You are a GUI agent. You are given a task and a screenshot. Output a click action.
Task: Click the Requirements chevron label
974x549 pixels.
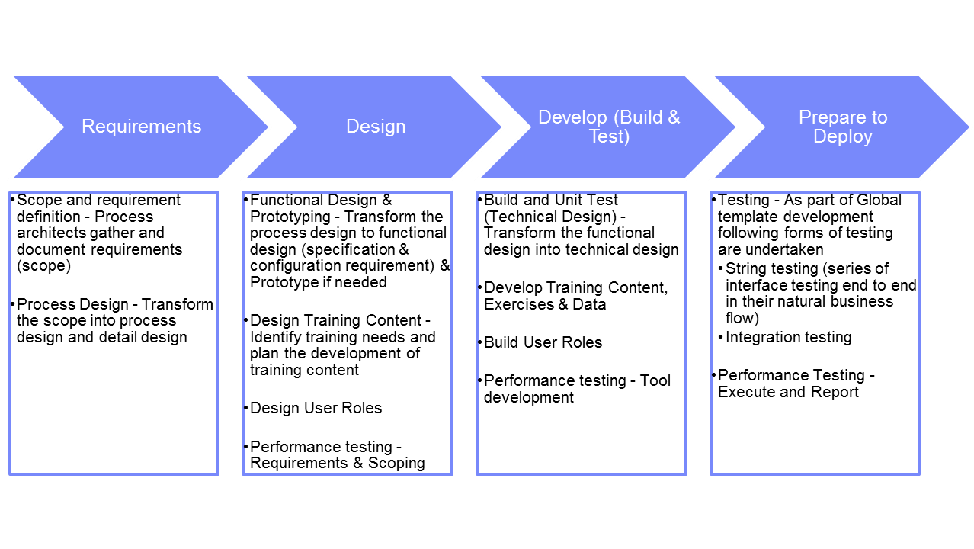[x=141, y=127]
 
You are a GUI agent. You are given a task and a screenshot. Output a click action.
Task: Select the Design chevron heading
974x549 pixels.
[x=376, y=127]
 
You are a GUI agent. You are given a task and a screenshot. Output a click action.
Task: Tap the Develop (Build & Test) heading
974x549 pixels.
[x=608, y=127]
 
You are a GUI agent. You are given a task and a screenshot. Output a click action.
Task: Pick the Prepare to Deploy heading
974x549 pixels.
[x=842, y=127]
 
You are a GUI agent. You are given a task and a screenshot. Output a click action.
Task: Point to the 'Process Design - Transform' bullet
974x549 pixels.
[x=114, y=320]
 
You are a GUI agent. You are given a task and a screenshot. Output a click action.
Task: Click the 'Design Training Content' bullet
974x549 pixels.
[x=342, y=345]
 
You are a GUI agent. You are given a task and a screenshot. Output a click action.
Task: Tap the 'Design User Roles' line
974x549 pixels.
[x=316, y=408]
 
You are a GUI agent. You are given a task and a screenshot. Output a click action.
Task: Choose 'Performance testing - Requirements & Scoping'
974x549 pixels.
[x=337, y=454]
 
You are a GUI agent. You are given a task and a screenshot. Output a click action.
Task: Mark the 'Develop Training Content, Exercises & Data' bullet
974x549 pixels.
[x=575, y=296]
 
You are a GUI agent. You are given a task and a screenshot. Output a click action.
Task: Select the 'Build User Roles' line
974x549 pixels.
[x=543, y=342]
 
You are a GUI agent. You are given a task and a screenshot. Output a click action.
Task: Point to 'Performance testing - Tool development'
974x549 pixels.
[x=577, y=389]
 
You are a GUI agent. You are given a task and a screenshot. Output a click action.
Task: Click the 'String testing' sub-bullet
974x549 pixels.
[x=820, y=293]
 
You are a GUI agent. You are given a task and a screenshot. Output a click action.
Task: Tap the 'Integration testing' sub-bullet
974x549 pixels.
[x=788, y=337]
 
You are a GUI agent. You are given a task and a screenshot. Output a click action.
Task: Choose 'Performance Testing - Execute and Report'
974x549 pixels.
[x=796, y=384]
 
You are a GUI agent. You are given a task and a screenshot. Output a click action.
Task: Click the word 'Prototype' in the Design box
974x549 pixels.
[x=283, y=282]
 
